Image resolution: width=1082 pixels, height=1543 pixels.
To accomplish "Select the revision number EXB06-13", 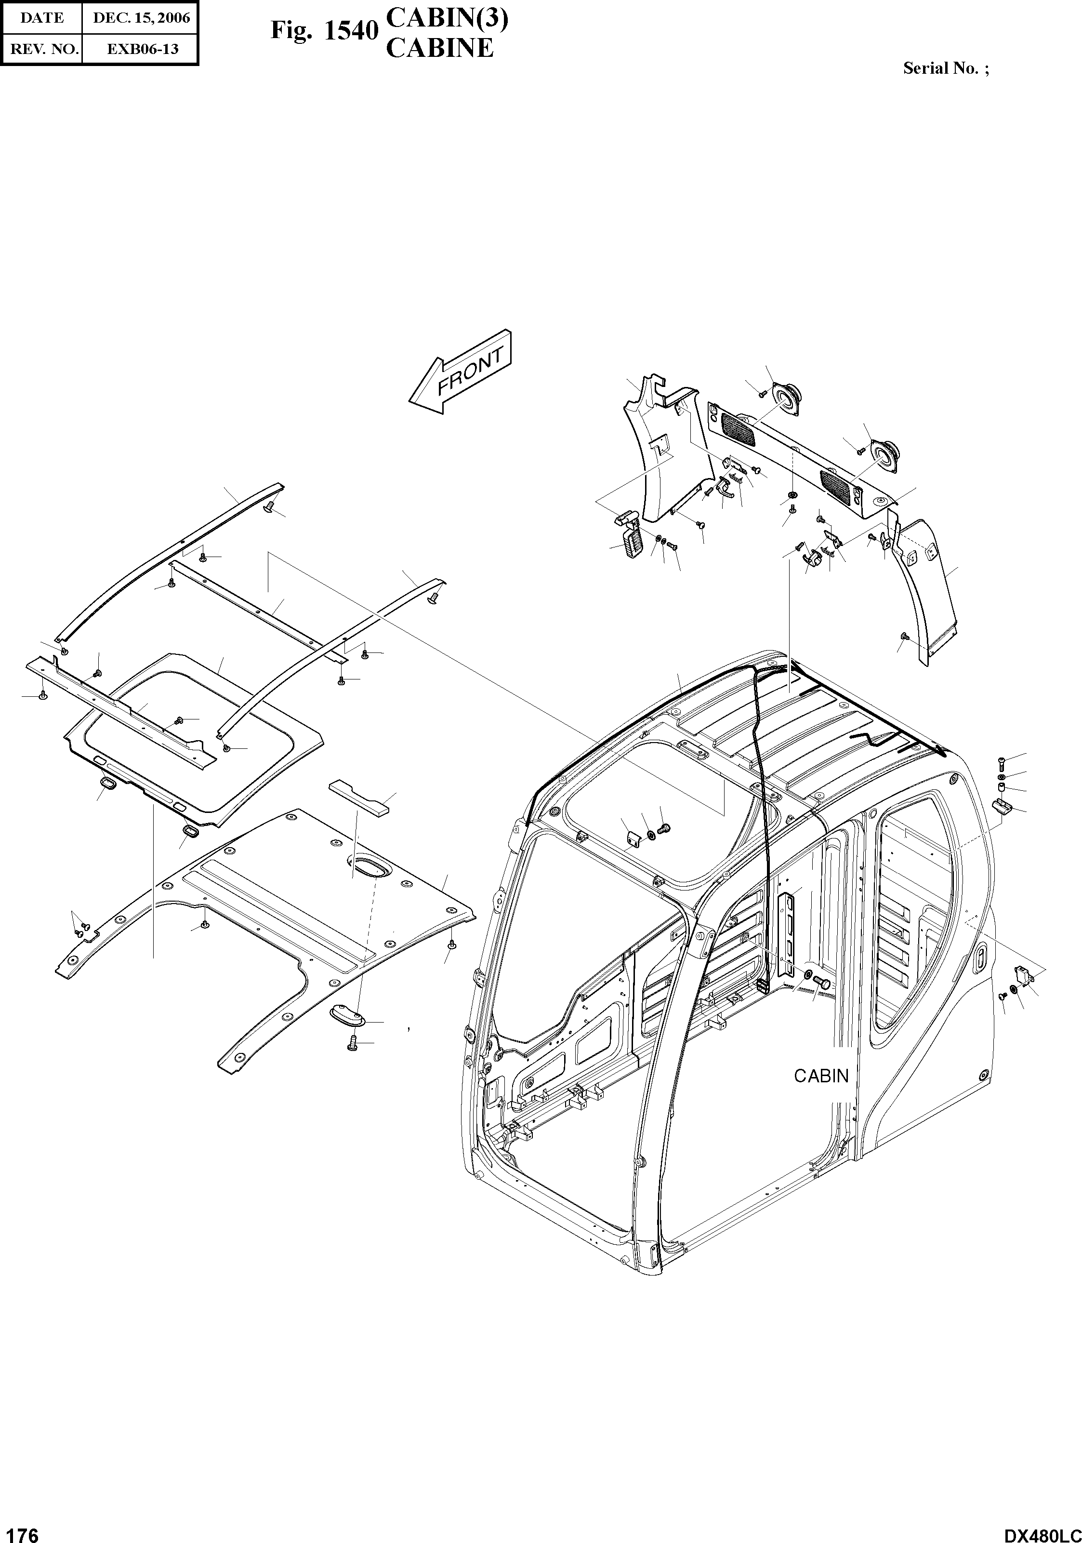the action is pyautogui.click(x=141, y=48).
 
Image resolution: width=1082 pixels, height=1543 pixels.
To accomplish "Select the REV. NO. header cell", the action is pyautogui.click(x=41, y=48).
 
